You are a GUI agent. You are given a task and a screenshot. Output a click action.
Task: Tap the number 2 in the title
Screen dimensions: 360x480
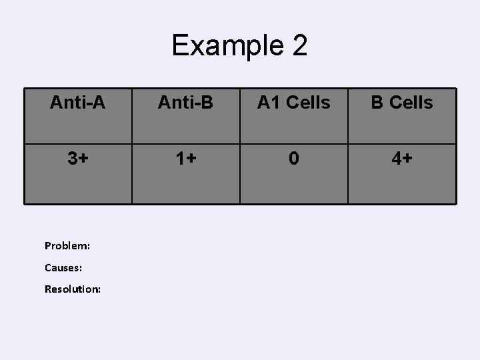[x=299, y=46]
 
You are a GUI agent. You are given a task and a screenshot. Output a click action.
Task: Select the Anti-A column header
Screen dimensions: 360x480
[x=78, y=103]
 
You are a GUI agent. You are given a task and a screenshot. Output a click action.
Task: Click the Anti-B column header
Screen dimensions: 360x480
[x=185, y=103]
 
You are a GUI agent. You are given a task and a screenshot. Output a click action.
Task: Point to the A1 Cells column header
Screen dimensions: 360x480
[x=293, y=103]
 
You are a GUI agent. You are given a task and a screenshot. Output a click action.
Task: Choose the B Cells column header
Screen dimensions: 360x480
[x=402, y=103]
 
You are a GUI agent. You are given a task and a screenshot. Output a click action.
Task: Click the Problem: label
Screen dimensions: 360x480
[x=67, y=245]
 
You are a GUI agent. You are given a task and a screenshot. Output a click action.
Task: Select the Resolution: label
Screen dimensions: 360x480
[x=73, y=289]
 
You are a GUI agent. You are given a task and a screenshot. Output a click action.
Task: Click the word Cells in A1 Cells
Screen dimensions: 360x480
[x=307, y=103]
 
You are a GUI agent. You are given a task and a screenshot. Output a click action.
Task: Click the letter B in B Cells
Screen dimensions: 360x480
[x=377, y=103]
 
